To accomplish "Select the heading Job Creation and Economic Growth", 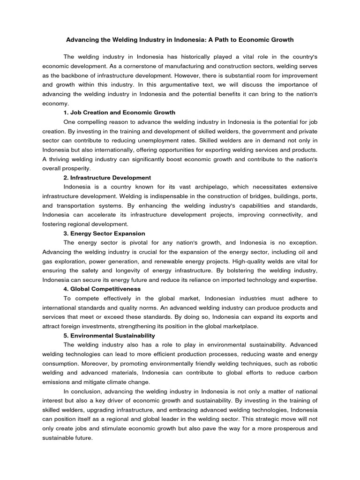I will [119, 112].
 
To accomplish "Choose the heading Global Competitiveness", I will [102, 289].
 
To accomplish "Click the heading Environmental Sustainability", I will [109, 336].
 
